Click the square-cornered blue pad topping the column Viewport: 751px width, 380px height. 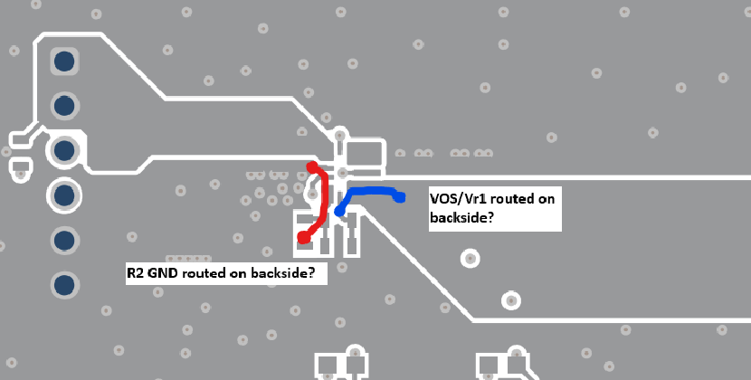pos(64,62)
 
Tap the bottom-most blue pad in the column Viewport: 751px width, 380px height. pos(64,285)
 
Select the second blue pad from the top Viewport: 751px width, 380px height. pos(64,106)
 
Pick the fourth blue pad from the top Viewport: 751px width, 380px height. pos(64,195)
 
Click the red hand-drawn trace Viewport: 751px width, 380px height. pos(324,201)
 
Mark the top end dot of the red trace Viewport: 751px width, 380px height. pos(312,167)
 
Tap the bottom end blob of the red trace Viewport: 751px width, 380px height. pos(304,237)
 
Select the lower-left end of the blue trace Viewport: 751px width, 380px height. pos(339,211)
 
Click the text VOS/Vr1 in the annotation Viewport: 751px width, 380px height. pos(458,199)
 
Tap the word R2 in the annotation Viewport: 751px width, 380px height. pos(135,273)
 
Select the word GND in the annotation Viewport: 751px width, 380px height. pos(162,273)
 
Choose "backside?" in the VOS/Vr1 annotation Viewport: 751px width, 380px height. pos(461,217)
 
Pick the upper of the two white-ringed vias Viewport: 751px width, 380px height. pos(471,259)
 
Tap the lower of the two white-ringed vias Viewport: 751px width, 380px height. pos(511,301)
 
